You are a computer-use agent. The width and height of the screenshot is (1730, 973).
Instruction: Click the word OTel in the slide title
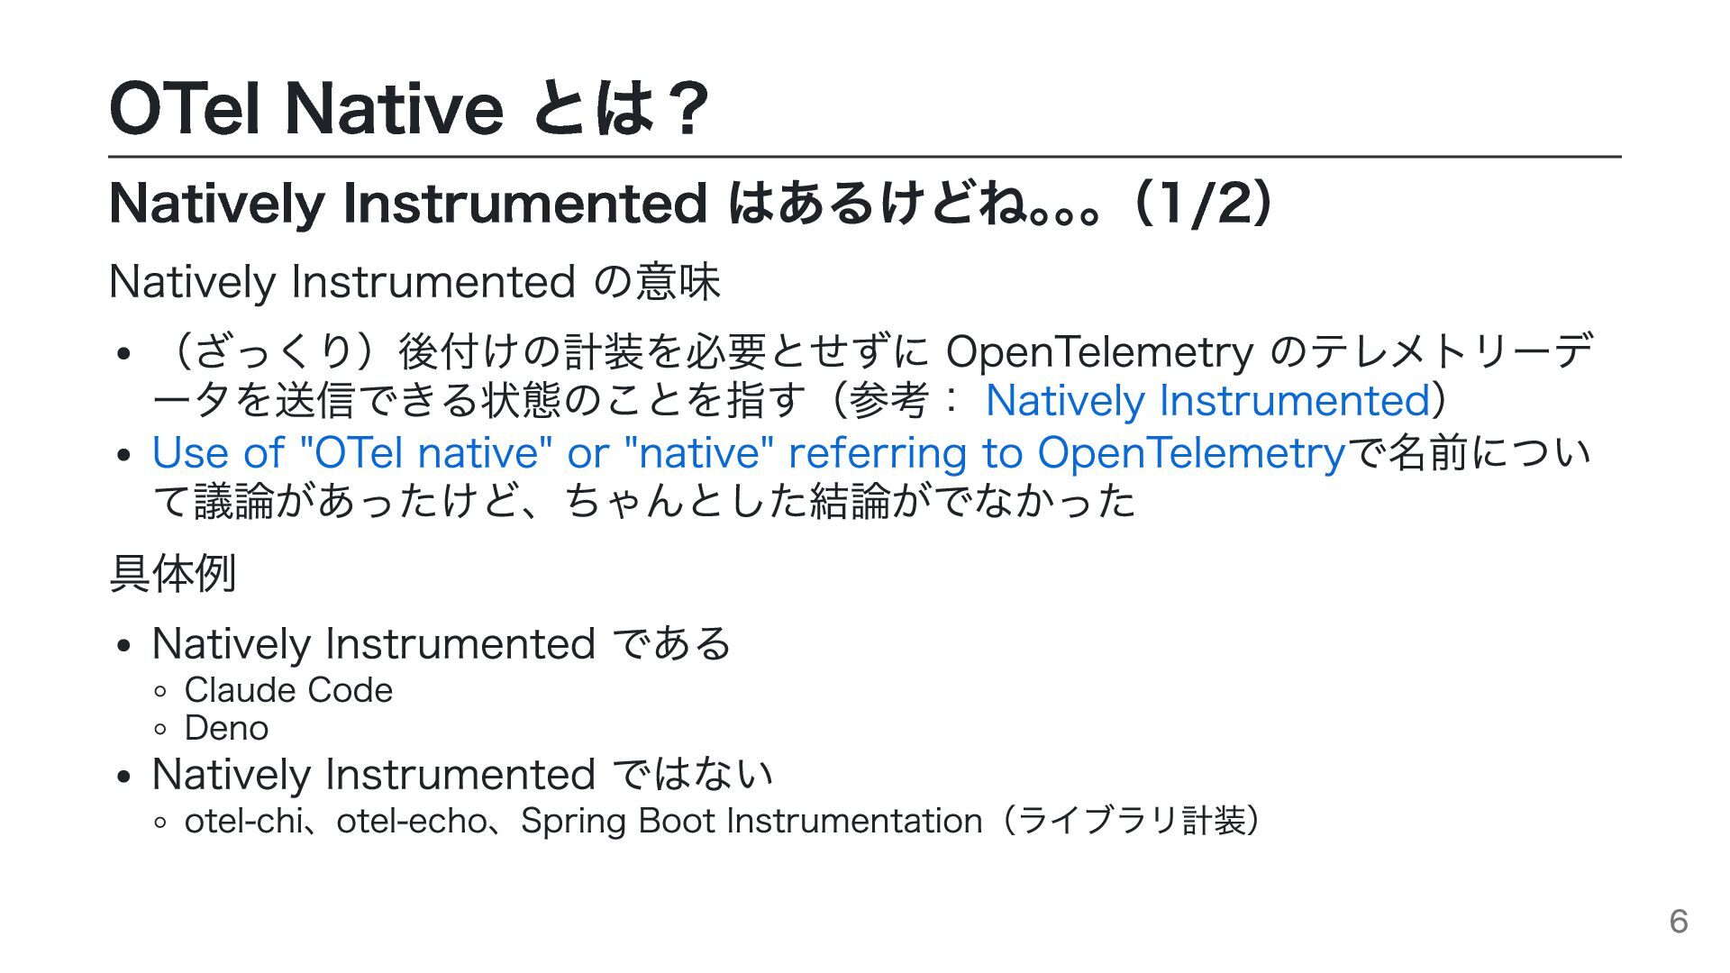[185, 108]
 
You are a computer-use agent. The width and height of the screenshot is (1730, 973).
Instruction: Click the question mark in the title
[682, 108]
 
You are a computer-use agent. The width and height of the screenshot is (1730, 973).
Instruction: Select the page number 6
[1679, 921]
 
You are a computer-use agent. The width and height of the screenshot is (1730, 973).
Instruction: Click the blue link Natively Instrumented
[1207, 401]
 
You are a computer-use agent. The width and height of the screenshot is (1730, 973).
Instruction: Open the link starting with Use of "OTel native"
[749, 452]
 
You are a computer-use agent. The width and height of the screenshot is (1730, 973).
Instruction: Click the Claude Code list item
[288, 690]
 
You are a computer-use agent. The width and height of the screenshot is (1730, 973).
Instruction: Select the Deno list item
[226, 728]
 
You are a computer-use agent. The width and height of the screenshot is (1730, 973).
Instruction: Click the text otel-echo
[411, 821]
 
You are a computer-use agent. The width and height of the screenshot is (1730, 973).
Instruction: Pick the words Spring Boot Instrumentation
[751, 822]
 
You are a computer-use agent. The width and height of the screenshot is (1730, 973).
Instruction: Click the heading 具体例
[173, 573]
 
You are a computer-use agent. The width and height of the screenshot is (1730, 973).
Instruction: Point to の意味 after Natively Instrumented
[658, 281]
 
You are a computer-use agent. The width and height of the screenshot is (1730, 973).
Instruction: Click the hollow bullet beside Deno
[160, 730]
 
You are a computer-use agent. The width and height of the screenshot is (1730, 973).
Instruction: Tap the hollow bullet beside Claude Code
[160, 692]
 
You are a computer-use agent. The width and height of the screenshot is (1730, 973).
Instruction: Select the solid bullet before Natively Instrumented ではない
[124, 777]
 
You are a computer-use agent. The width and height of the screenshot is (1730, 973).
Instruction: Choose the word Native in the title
[394, 108]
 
